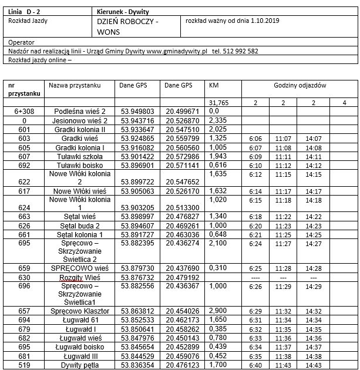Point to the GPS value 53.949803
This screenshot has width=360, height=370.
tap(137, 110)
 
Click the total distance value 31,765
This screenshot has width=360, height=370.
tap(218, 103)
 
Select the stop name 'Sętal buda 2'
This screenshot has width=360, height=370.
tap(79, 226)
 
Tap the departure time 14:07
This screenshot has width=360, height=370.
tap(313, 139)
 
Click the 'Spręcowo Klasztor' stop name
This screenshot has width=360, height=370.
tap(79, 311)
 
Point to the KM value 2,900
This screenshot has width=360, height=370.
tap(218, 311)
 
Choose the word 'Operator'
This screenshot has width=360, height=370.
tap(22, 42)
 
